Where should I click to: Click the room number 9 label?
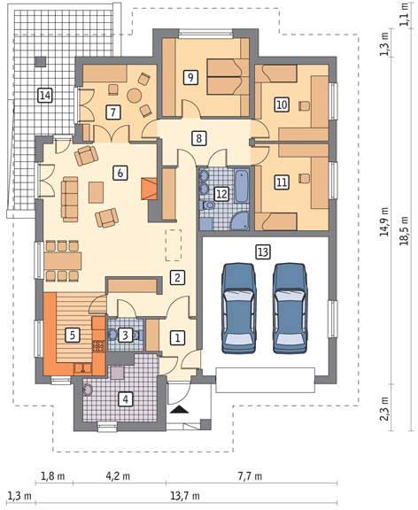[190, 78]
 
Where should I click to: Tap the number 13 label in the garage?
[263, 252]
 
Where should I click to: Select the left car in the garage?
[238, 308]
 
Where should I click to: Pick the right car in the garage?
[290, 308]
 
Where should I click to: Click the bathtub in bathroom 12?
[242, 186]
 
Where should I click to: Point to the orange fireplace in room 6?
[150, 189]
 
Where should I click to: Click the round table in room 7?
[134, 96]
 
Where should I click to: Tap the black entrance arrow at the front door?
[179, 409]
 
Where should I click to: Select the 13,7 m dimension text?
[185, 497]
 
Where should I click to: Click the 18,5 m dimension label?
[405, 230]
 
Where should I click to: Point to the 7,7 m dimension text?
[250, 476]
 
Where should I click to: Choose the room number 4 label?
[126, 398]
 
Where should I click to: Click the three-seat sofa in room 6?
[70, 199]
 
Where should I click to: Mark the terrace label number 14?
[45, 96]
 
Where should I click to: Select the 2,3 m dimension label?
[385, 408]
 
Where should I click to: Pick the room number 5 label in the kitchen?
[73, 335]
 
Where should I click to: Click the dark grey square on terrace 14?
[41, 62]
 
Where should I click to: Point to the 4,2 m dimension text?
[118, 476]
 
